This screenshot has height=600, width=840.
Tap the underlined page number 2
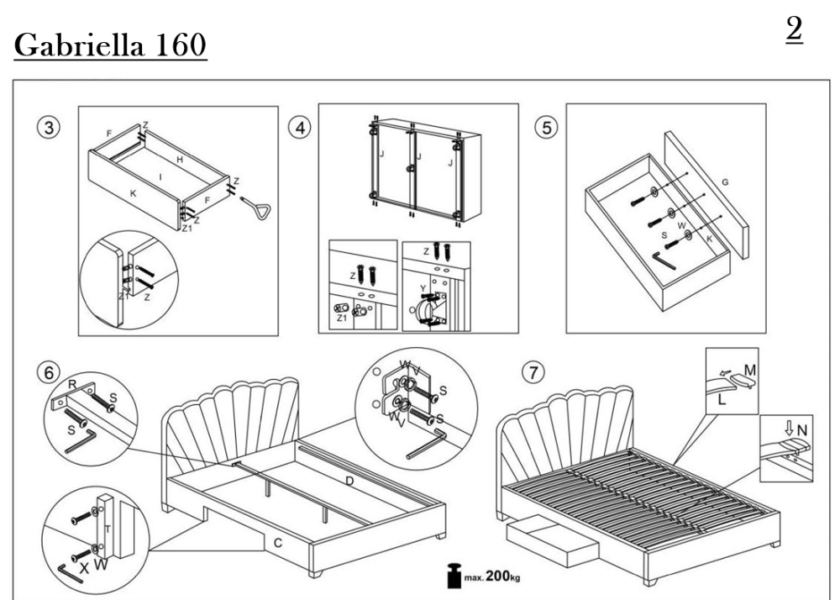794,30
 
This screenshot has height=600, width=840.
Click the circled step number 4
297,128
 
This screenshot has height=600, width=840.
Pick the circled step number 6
52,371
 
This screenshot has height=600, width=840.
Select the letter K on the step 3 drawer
132,193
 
